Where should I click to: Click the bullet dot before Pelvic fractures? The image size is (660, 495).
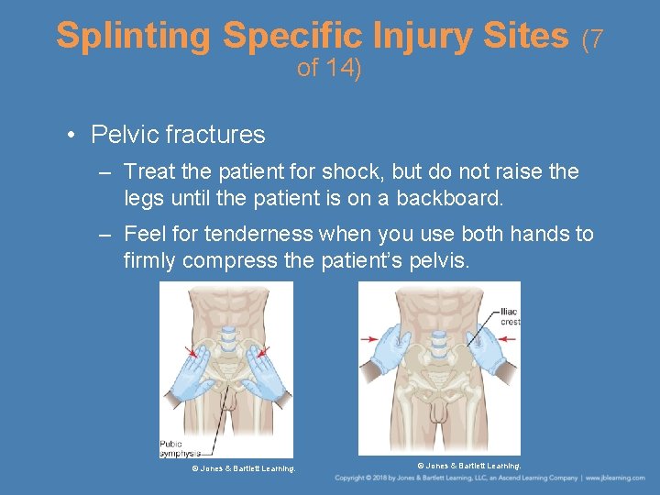(x=71, y=136)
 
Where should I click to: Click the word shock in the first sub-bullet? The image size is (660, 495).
(x=354, y=171)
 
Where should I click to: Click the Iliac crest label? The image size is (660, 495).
(x=510, y=316)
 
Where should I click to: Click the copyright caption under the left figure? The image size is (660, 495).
(x=243, y=468)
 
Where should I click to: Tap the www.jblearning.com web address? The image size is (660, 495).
(x=617, y=478)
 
